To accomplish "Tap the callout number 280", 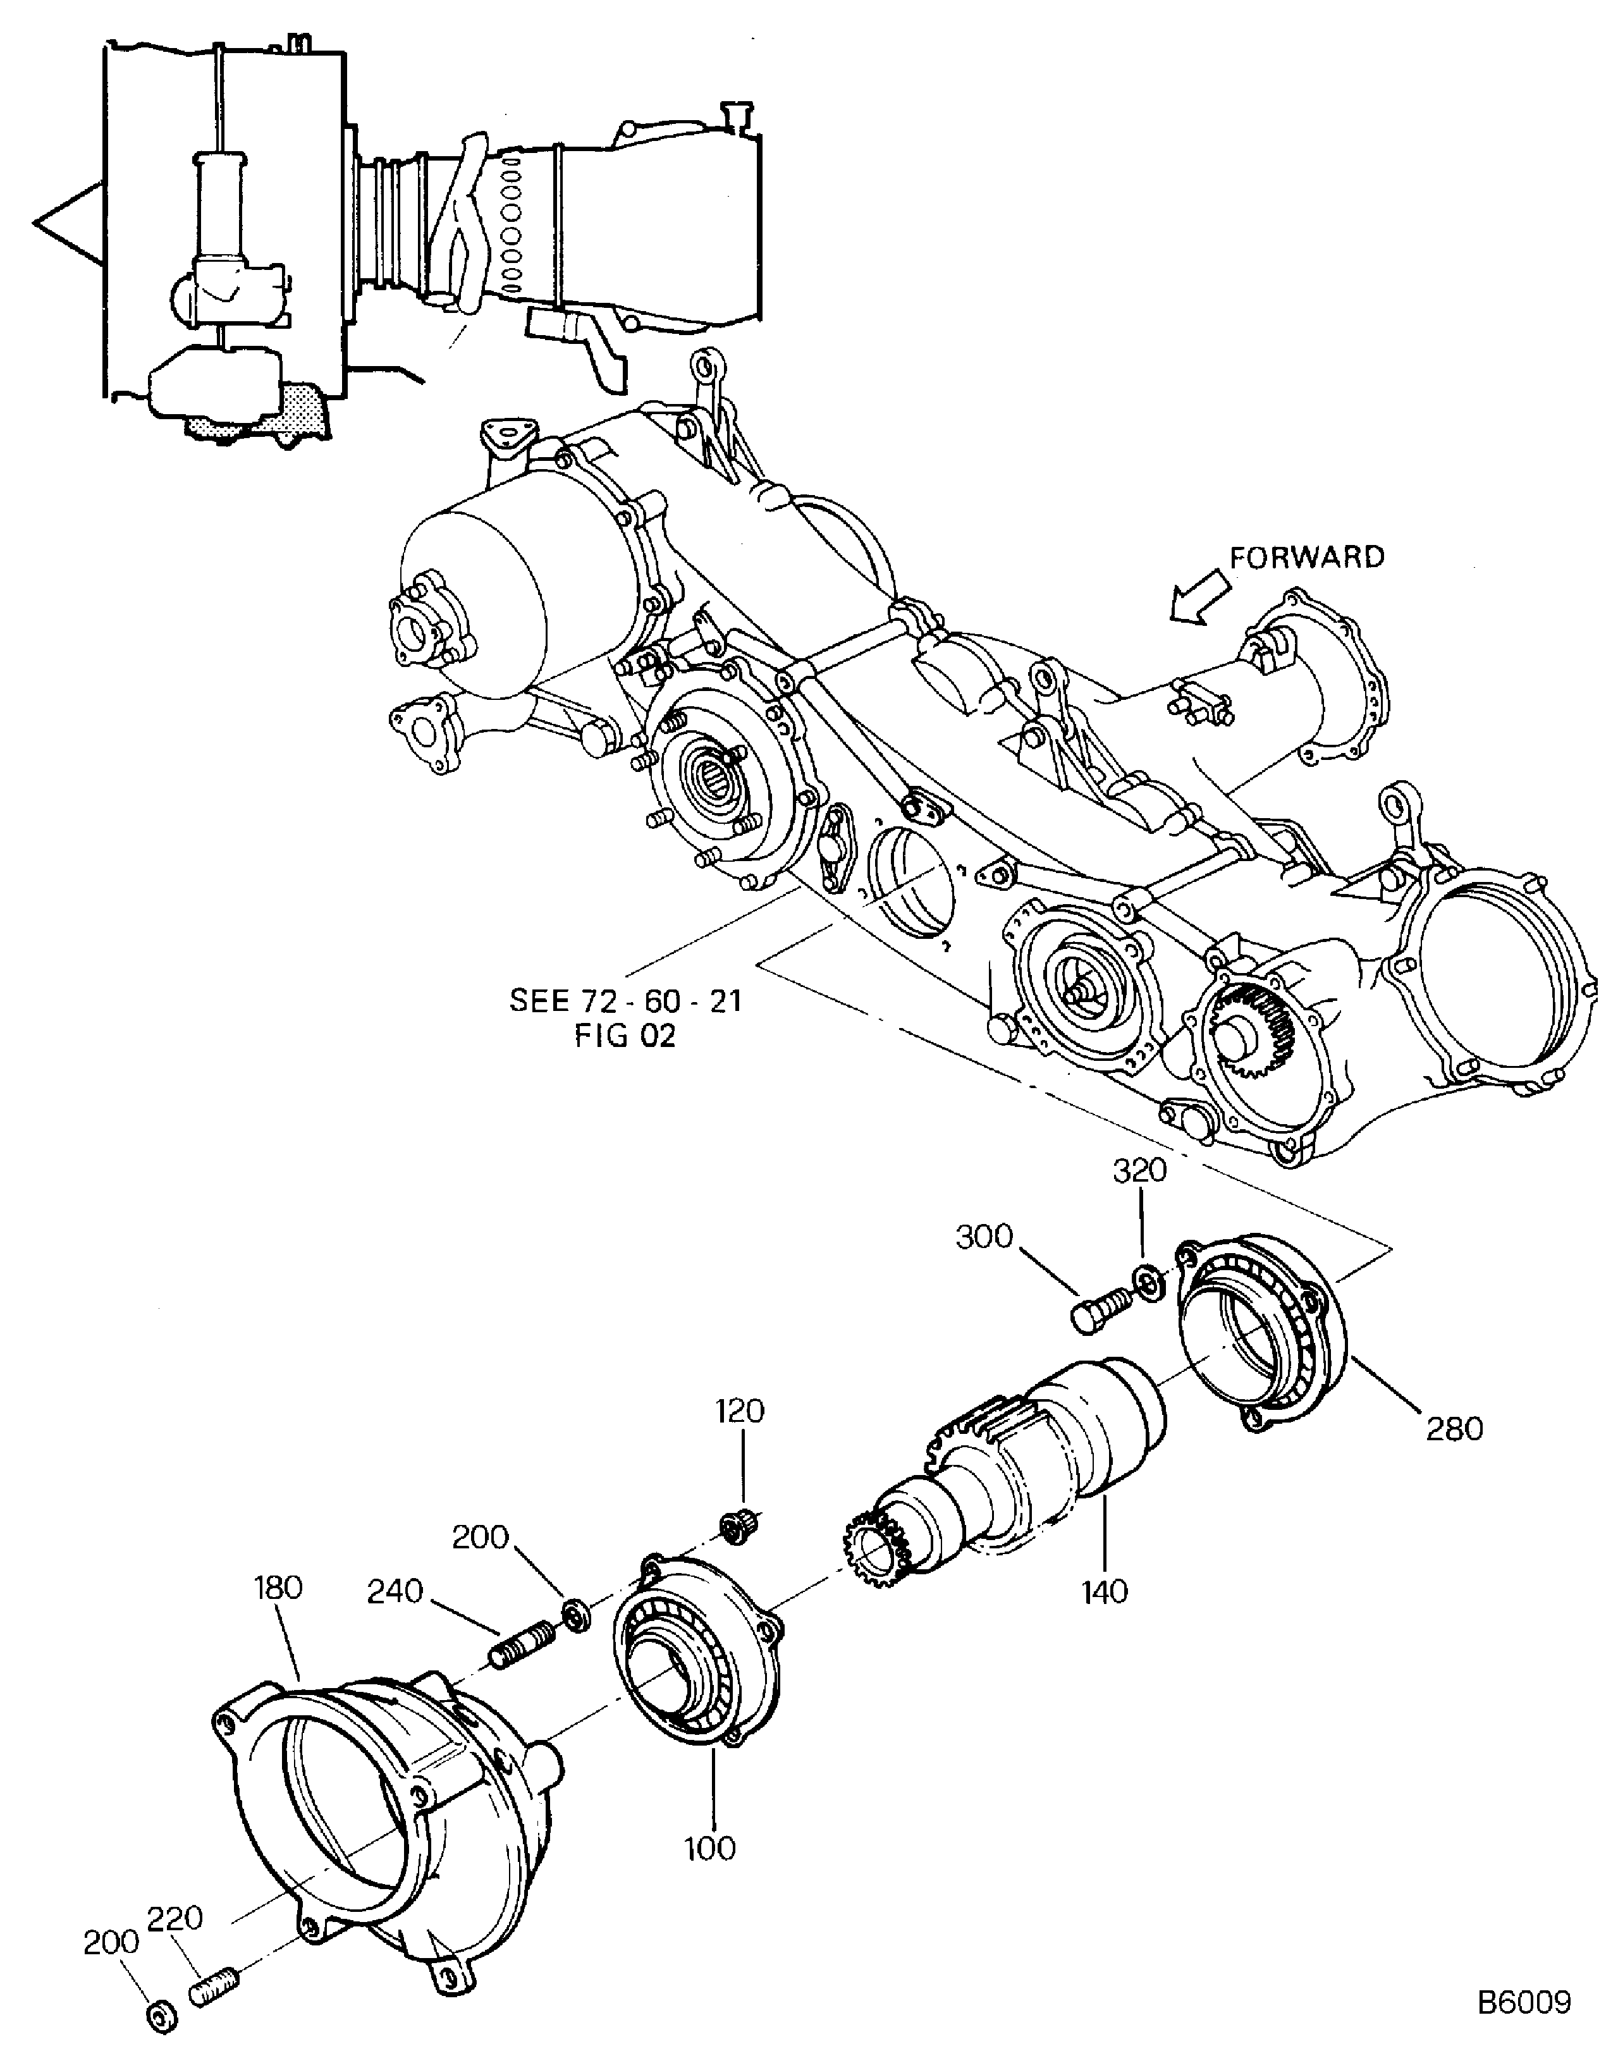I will [x=1454, y=1428].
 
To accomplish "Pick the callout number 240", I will [x=395, y=1591].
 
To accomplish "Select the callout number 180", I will [x=278, y=1588].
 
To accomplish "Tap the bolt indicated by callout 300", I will [x=1100, y=1311].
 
